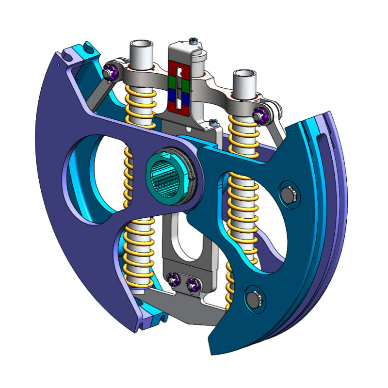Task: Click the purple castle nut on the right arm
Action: pos(259,115)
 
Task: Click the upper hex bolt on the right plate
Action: pos(289,194)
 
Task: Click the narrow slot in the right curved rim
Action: pos(324,145)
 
